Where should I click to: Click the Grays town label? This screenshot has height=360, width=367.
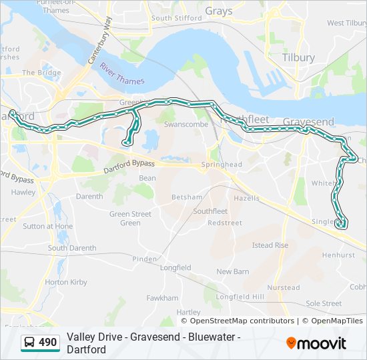[218, 11]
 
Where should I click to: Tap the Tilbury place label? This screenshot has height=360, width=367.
[298, 58]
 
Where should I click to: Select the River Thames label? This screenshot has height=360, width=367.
[121, 75]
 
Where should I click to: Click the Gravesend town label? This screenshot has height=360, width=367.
[308, 122]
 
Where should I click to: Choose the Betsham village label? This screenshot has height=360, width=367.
[186, 197]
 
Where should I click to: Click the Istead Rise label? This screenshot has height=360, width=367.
[270, 245]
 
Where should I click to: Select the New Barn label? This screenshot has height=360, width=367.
[232, 271]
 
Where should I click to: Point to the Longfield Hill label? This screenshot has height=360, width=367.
[240, 297]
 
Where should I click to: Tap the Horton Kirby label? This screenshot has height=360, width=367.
[66, 283]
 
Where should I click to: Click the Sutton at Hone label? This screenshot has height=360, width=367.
[48, 227]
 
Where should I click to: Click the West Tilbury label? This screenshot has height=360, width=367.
[345, 23]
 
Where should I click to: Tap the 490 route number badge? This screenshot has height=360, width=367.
[48, 343]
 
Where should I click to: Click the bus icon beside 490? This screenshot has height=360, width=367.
[30, 343]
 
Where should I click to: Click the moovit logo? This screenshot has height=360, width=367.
[316, 343]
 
